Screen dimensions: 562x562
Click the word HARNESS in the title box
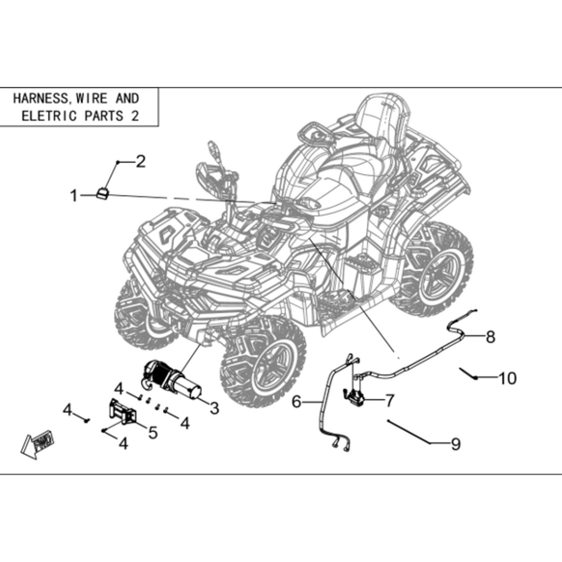coord(40,99)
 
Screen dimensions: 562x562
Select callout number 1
coord(74,196)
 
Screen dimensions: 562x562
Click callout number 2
coord(140,162)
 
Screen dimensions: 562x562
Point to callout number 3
coord(214,408)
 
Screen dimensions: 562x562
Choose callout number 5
coord(153,433)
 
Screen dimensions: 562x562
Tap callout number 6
coord(296,402)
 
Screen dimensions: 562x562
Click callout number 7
coord(390,400)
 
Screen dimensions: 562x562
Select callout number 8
coord(490,337)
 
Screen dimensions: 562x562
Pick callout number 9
coord(456,444)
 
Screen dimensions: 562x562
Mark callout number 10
coord(508,378)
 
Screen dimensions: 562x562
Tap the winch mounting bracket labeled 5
coord(123,412)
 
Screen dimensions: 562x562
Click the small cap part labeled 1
coord(102,193)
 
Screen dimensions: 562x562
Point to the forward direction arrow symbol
coord(37,445)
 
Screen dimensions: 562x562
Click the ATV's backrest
coord(383,118)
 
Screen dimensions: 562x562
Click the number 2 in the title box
coord(135,116)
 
